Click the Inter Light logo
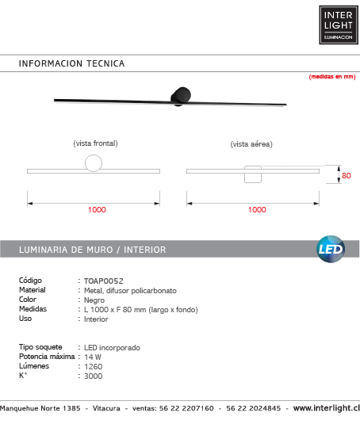coord(338,25)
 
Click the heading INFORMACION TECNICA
coord(71,63)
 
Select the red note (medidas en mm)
coord(331,77)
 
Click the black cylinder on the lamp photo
coord(181,94)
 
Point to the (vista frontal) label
coord(95,143)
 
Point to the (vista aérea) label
coord(251,144)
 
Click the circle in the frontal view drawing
coord(94,164)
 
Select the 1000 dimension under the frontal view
coord(97,210)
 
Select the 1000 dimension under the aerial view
coord(257,210)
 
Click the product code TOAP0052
coord(104,281)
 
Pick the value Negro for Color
coord(94,300)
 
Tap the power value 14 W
coord(93,357)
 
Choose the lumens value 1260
coord(93,367)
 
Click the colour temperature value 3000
coord(93,376)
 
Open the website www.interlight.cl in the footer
coord(326,408)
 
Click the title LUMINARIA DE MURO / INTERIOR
coord(92,250)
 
